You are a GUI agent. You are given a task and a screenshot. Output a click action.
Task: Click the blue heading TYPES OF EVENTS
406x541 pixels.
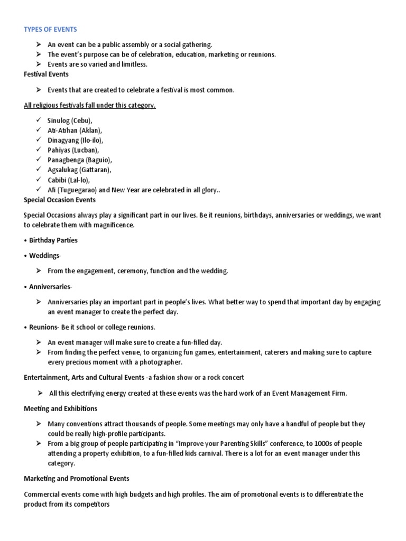point(50,29)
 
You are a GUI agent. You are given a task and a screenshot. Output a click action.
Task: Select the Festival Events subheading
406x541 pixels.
point(47,74)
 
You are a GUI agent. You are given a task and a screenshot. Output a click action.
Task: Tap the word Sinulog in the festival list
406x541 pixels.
point(58,120)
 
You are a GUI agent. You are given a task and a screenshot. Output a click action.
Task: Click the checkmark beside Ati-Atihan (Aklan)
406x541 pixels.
point(39,130)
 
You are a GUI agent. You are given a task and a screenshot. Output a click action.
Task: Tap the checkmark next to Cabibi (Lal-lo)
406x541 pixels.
point(39,180)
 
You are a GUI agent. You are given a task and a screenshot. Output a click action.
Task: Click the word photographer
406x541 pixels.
point(161,362)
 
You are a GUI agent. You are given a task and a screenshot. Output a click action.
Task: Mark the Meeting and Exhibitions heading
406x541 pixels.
point(60,408)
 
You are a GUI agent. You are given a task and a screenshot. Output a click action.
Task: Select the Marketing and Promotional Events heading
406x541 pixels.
point(77,479)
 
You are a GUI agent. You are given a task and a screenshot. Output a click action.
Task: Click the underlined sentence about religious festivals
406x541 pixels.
point(90,105)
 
